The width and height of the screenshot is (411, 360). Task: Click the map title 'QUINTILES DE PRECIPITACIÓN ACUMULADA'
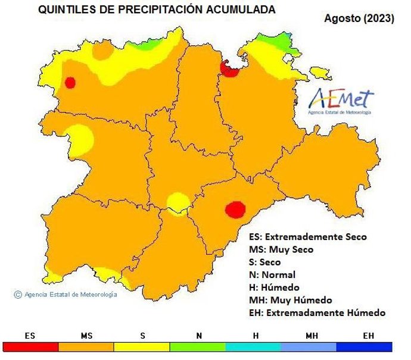coord(157,10)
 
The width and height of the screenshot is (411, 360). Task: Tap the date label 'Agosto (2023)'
coord(359,18)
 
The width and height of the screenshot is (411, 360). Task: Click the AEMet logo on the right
coord(342,101)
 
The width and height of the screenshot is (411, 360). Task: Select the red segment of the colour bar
coord(30,347)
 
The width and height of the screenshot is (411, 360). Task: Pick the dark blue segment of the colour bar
coord(365,347)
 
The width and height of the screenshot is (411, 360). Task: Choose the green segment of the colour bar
coord(198,347)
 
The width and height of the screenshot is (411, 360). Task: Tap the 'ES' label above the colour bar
coord(30,336)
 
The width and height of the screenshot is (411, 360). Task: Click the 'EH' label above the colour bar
coord(368,336)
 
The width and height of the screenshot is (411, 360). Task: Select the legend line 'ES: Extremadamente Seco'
coord(307,237)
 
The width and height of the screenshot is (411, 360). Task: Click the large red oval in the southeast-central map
coord(235,209)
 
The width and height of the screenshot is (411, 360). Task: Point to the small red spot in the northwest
coord(70,82)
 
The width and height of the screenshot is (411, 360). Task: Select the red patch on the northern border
coord(229,68)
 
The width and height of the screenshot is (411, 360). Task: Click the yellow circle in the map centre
coord(177,202)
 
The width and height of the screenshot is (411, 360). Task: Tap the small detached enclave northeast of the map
coord(321,73)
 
